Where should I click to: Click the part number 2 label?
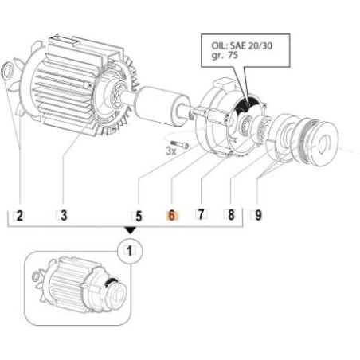[20, 215]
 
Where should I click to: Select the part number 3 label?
[64, 215]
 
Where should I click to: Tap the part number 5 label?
[138, 215]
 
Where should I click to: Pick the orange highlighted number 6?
[170, 215]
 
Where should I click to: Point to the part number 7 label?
[202, 214]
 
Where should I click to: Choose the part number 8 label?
[230, 214]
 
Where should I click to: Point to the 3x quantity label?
[170, 149]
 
